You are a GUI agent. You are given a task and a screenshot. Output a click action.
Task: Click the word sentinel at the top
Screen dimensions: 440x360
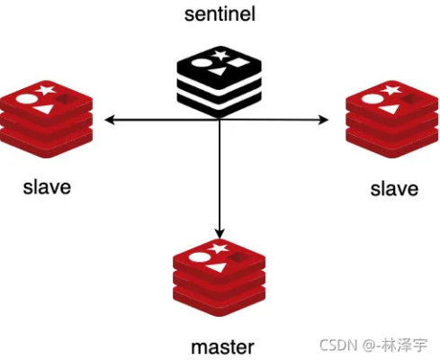coord(220,14)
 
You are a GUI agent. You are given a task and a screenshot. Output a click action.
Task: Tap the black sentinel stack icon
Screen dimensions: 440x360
coord(220,81)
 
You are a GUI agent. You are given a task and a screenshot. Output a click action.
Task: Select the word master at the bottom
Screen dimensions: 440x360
coord(222,347)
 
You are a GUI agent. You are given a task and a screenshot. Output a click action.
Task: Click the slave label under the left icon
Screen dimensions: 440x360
coord(47,187)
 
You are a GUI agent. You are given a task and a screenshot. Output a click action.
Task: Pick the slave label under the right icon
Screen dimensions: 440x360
coord(394,189)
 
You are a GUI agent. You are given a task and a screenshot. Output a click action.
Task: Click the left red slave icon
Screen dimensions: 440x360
coord(46,119)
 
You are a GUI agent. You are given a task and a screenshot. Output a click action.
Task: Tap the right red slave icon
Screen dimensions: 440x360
coord(392,119)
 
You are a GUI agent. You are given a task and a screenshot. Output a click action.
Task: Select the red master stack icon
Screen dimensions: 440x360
coord(220,277)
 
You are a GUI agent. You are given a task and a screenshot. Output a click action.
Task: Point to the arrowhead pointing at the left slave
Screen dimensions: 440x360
coord(110,120)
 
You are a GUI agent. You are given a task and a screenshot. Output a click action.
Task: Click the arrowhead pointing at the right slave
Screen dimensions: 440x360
coord(323,120)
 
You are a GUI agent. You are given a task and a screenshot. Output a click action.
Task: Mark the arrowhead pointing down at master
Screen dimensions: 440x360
coord(220,233)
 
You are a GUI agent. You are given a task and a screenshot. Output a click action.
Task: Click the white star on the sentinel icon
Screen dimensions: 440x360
coord(220,55)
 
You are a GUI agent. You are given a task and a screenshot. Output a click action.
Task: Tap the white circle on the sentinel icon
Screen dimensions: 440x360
coord(200,63)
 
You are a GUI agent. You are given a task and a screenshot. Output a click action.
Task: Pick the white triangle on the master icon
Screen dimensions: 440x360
coord(218,267)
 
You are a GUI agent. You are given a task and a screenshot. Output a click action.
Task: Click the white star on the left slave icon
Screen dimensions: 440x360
coord(46,90)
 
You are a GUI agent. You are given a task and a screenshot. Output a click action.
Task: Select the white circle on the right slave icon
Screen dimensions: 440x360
coord(373,99)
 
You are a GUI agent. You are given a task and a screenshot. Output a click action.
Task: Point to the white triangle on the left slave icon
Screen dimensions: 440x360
coord(44,109)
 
